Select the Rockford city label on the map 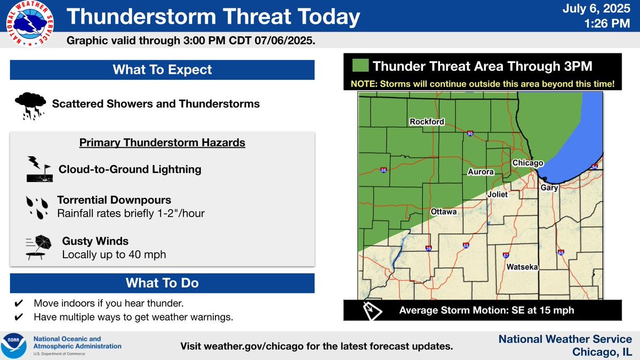click(427, 122)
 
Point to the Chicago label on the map click(527, 163)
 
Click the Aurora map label click(481, 172)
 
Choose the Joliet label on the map click(498, 195)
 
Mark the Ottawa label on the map click(444, 212)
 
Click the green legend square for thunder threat click(360, 66)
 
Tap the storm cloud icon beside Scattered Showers click(30, 103)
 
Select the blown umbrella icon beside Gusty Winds click(37, 247)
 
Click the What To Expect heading click(162, 70)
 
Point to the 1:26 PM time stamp click(611, 24)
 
